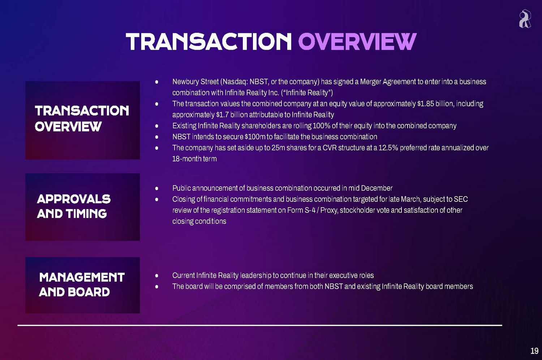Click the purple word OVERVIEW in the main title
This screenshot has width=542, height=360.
pyautogui.click(x=357, y=42)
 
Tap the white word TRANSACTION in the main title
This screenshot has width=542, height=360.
pyautogui.click(x=208, y=42)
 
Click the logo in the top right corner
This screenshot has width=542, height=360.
pyautogui.click(x=525, y=19)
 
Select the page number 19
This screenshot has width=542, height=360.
pyautogui.click(x=534, y=351)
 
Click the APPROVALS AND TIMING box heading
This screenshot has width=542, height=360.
pyautogui.click(x=74, y=207)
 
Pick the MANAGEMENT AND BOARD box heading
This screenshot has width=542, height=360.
pyautogui.click(x=82, y=285)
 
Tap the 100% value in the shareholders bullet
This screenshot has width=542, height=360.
pyautogui.click(x=322, y=126)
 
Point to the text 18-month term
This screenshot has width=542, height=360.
pyautogui.click(x=194, y=159)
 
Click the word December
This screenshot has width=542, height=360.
pyautogui.click(x=377, y=188)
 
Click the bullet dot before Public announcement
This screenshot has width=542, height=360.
pyautogui.click(x=157, y=188)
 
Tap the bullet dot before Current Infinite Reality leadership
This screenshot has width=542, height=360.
pyautogui.click(x=157, y=276)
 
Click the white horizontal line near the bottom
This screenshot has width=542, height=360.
pyautogui.click(x=260, y=325)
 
